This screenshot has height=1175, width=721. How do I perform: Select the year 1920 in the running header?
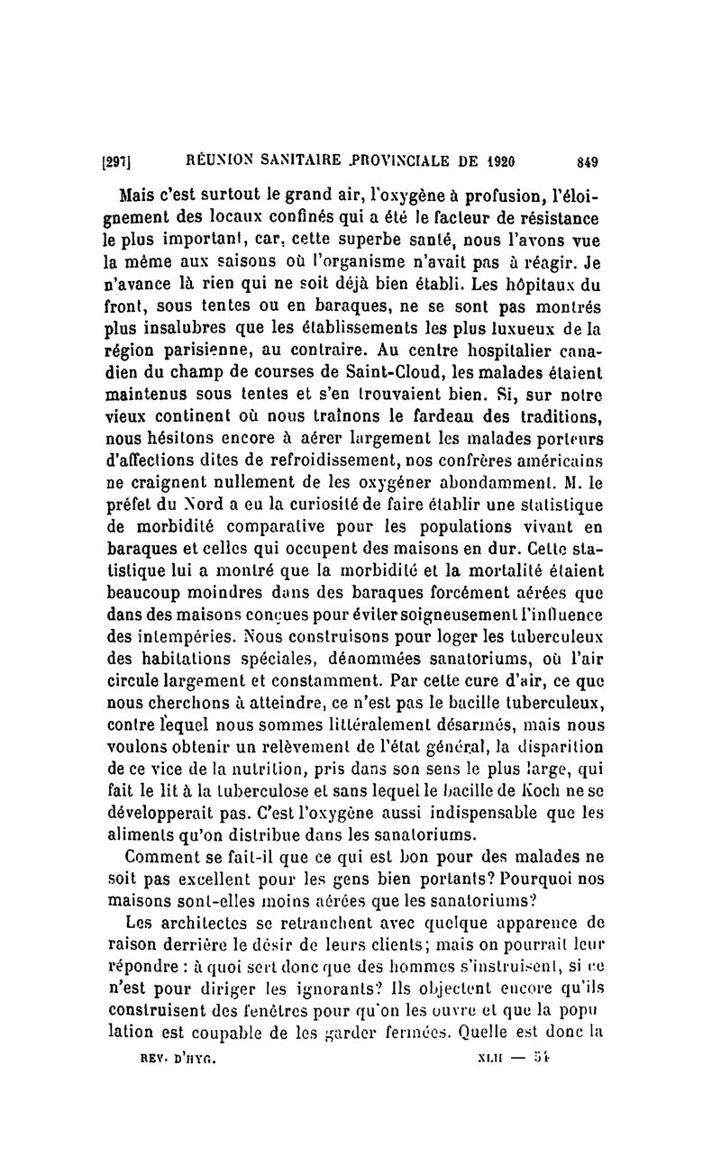pos(496,163)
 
